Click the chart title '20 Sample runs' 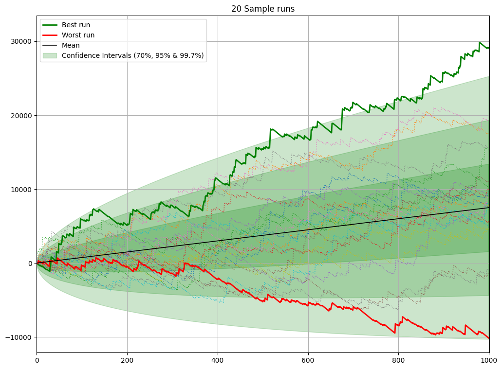263,9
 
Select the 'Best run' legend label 76,25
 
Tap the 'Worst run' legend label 78,35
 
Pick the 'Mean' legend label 71,45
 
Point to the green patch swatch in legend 50,55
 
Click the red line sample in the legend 50,35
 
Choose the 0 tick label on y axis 30,264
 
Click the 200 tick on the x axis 127,360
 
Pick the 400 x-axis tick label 218,360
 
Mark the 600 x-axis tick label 308,360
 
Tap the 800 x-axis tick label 399,360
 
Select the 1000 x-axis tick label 489,360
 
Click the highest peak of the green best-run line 480,42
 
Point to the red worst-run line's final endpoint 489,338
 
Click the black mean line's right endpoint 489,208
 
